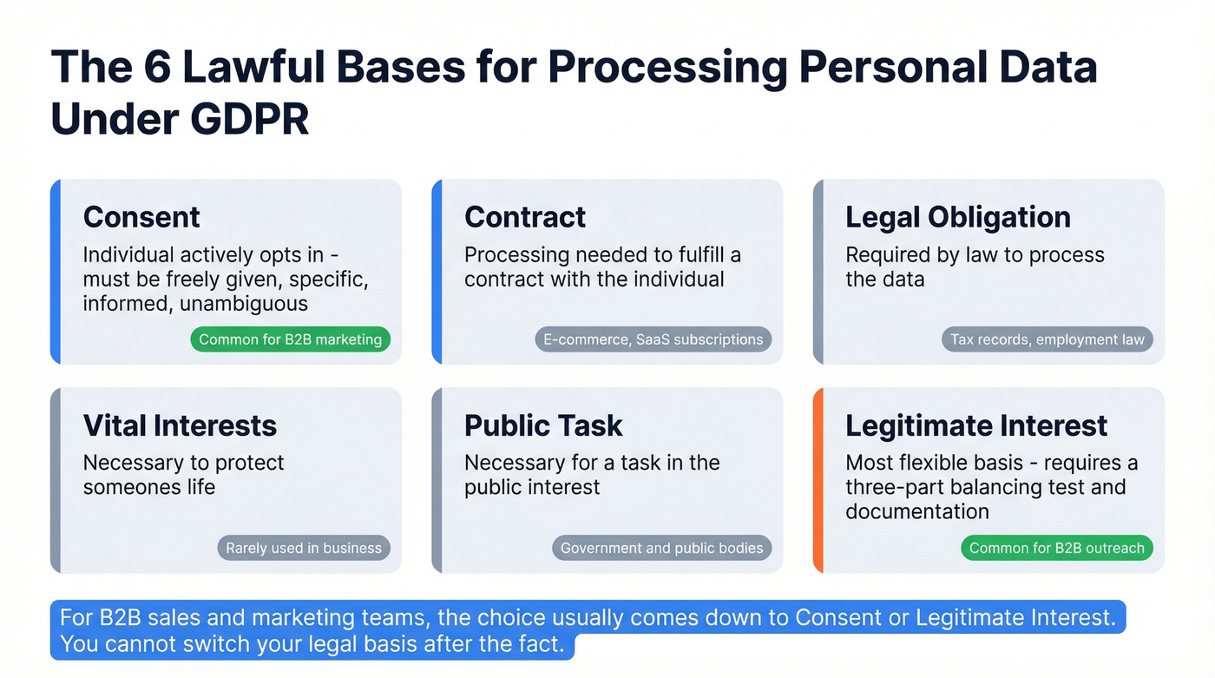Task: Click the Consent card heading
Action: coord(141,217)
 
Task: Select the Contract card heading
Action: coord(525,217)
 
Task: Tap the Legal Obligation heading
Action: coord(957,217)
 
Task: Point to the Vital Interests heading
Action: coord(180,425)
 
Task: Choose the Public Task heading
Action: coord(543,425)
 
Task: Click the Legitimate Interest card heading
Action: coord(976,425)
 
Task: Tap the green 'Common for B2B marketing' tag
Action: coord(290,339)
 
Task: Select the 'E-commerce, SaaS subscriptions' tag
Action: coord(653,339)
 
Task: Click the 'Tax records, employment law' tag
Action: coord(1047,339)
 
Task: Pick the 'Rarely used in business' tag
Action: coord(304,548)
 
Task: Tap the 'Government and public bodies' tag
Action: coord(661,548)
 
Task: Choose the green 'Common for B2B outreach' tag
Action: coord(1056,548)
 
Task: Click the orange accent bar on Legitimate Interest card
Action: coord(818,480)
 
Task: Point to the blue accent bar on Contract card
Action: coord(437,272)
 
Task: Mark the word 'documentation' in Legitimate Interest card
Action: coord(917,511)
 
